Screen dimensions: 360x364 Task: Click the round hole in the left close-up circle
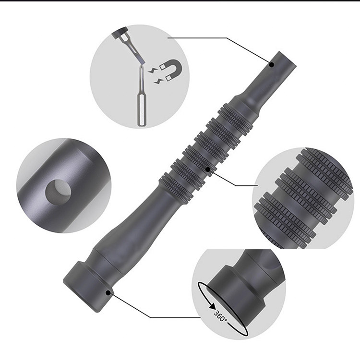coord(58,191)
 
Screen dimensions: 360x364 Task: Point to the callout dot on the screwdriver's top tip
coord(271,65)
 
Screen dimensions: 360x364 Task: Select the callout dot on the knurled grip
coord(208,170)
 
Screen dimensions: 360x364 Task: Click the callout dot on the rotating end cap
coord(108,293)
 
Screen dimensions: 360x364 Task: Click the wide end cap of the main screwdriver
coord(88,287)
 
